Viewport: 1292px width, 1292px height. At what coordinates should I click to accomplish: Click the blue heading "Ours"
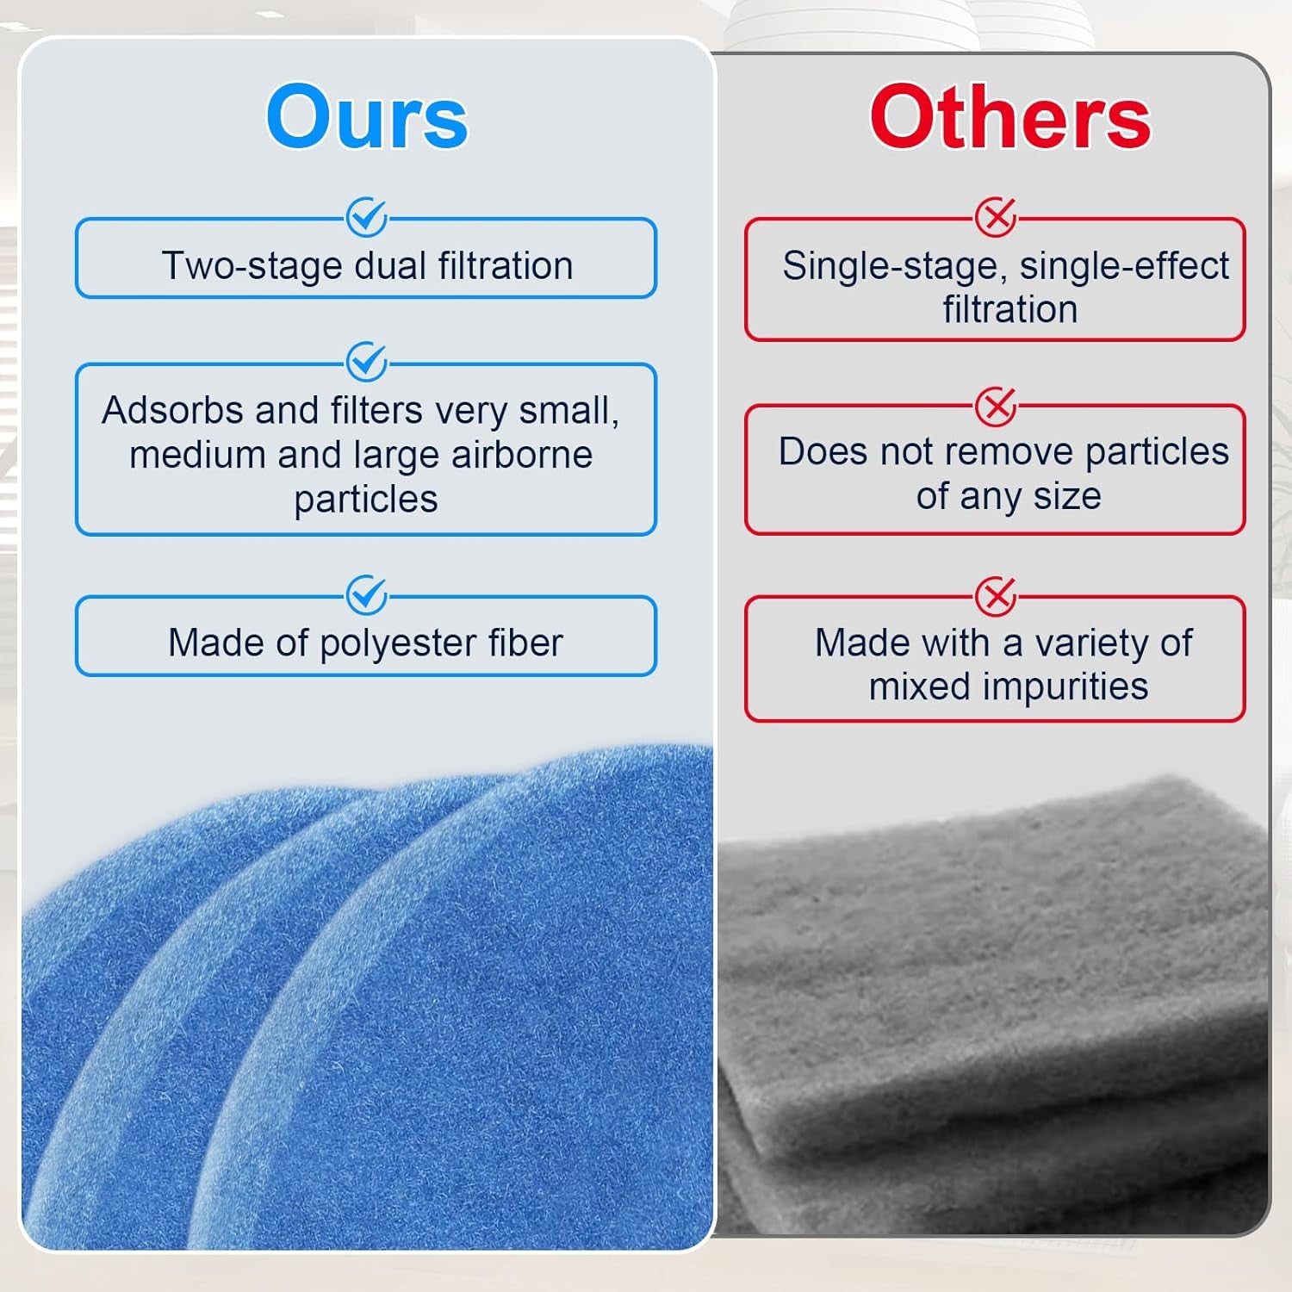point(367,117)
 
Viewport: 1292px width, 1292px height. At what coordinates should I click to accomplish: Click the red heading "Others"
point(1009,117)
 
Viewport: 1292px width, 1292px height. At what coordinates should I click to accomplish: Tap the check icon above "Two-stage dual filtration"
point(366,218)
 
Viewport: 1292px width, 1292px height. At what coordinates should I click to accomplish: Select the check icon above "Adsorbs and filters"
point(366,362)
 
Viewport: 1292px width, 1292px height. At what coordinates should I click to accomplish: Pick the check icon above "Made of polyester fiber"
point(366,594)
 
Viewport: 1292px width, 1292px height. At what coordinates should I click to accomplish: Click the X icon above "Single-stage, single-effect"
point(996,218)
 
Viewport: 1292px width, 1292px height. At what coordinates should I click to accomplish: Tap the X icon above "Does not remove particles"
point(996,406)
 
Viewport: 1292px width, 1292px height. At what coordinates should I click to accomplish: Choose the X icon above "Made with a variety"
point(996,596)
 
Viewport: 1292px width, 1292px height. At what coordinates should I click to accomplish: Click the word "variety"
point(1087,643)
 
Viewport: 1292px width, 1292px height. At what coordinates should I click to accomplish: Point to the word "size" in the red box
point(1067,496)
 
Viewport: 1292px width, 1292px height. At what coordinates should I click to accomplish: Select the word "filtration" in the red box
point(1009,309)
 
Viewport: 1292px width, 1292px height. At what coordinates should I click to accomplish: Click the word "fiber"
point(525,643)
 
